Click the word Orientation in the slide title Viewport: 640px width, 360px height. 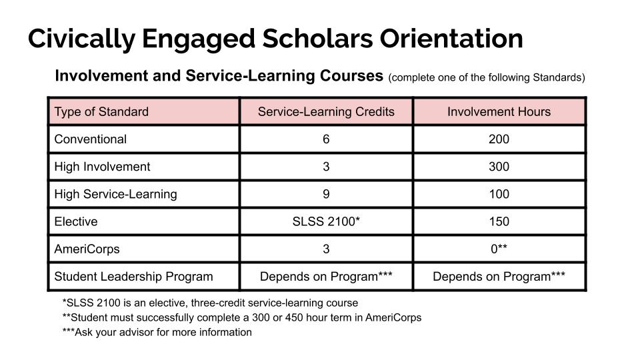(x=451, y=38)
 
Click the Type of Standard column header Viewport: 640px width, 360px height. (x=101, y=111)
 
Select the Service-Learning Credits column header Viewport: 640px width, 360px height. (x=326, y=111)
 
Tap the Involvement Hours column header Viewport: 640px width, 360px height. (x=499, y=111)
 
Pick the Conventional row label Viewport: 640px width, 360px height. (x=90, y=139)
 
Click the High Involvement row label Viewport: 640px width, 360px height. (x=102, y=167)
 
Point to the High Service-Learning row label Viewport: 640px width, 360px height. (x=115, y=194)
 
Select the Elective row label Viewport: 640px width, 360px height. (x=75, y=221)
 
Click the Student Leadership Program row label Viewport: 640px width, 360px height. (x=133, y=276)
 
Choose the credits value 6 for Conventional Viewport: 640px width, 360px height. (x=326, y=139)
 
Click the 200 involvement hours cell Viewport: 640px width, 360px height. (x=499, y=139)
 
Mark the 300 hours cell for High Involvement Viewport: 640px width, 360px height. (x=499, y=167)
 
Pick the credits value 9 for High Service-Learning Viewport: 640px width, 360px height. (x=326, y=194)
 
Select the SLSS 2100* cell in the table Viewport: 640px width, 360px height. (x=326, y=221)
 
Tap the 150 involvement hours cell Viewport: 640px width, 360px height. (x=499, y=221)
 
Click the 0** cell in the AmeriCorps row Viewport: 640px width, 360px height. (x=499, y=249)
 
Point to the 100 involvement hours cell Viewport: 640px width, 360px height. (x=499, y=194)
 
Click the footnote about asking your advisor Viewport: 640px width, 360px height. (x=157, y=332)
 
